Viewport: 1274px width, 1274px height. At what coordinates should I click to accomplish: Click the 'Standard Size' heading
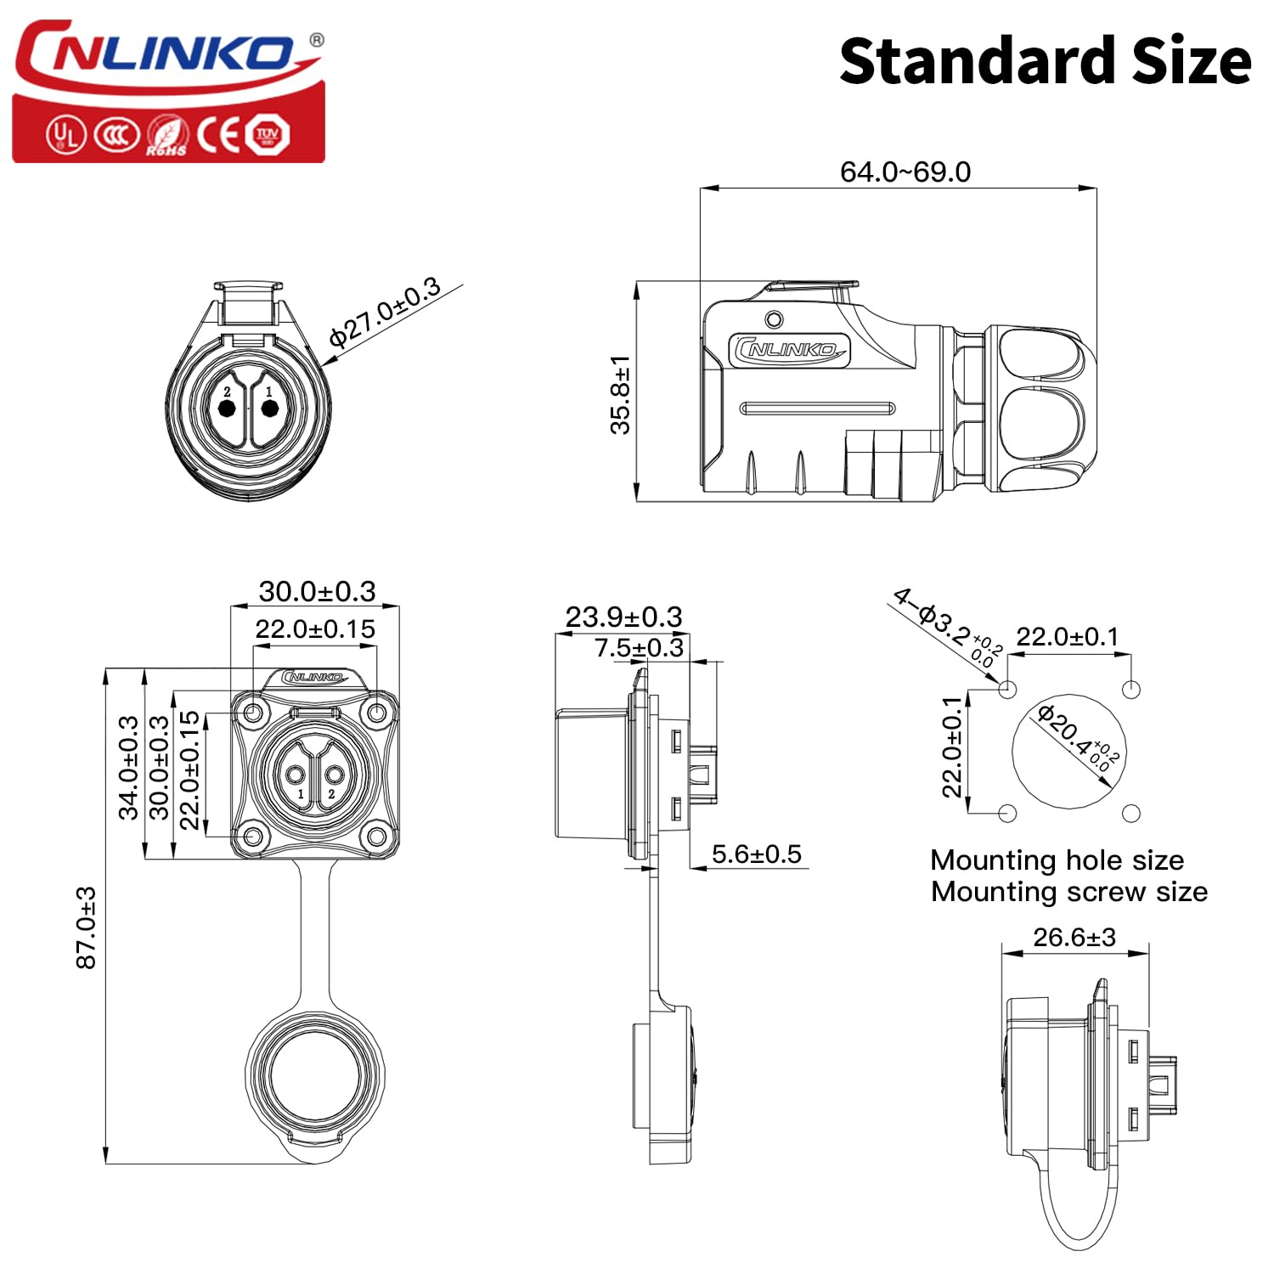tap(1045, 61)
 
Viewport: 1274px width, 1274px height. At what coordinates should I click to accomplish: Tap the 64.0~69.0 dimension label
tap(905, 172)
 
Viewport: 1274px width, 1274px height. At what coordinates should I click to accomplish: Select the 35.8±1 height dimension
tap(621, 395)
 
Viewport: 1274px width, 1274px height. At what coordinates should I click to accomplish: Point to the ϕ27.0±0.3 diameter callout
tap(385, 313)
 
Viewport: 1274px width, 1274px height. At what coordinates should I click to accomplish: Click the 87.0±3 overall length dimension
tap(86, 927)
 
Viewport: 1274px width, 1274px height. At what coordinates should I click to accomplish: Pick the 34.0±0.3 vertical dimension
tap(128, 768)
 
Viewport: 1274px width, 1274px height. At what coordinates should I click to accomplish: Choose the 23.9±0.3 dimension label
tap(623, 617)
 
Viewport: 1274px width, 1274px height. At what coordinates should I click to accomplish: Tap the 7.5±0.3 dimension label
tap(639, 648)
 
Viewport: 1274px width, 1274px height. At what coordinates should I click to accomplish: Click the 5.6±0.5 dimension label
tap(756, 854)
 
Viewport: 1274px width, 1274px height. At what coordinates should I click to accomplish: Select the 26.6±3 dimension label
tap(1074, 937)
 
